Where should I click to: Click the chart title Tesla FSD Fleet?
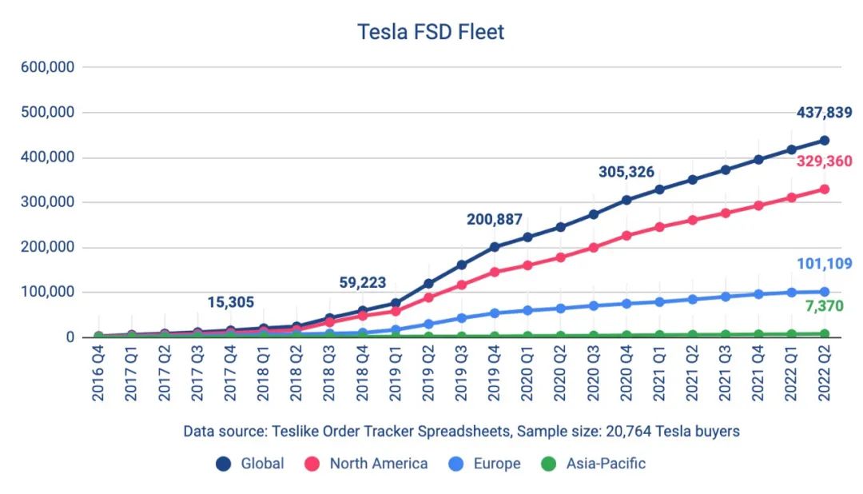[431, 32]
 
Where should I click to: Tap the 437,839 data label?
[824, 113]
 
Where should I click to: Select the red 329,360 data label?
[824, 161]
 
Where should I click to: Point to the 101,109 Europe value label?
[824, 264]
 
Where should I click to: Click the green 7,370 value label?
[824, 306]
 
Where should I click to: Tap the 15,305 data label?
[229, 301]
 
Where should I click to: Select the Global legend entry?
[251, 464]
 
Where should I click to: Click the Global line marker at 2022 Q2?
[824, 141]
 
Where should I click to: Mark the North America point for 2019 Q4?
[495, 272]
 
